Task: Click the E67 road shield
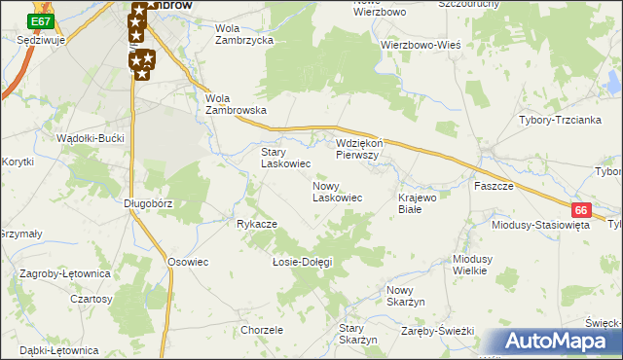[x=40, y=20]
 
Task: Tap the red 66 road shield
[x=581, y=210]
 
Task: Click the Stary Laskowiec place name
[x=285, y=159]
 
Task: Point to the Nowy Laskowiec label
[x=337, y=192]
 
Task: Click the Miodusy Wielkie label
[x=478, y=265]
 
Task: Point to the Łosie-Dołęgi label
[x=302, y=262]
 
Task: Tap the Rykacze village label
[x=257, y=224]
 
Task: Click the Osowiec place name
[x=189, y=262]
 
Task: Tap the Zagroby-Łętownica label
[x=63, y=277]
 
